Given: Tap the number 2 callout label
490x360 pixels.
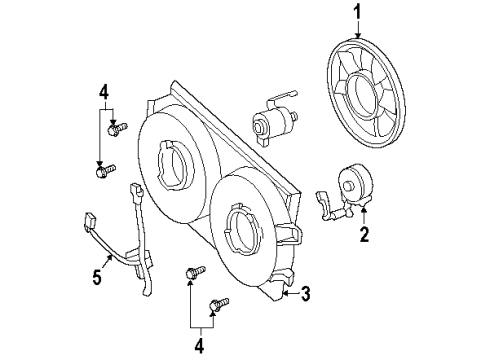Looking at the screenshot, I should coord(365,235).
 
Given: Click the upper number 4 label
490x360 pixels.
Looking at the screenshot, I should coord(104,96).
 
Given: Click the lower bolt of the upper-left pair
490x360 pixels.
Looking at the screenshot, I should coord(104,171).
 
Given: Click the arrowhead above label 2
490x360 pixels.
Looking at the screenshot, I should coord(363,212).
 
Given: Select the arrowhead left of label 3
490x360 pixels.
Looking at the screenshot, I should coord(288,291).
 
